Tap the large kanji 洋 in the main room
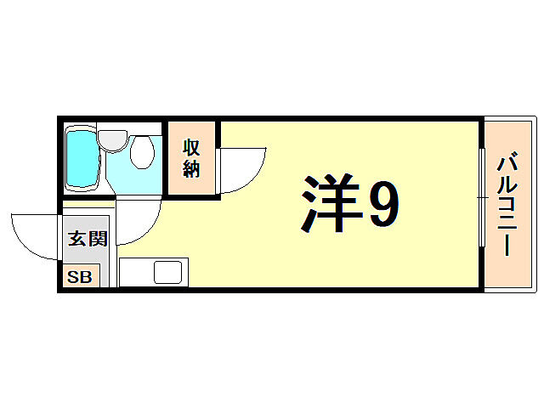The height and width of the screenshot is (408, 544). pyautogui.click(x=330, y=206)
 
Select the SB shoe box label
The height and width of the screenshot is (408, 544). pyautogui.click(x=81, y=277)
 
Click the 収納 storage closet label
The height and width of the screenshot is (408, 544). pyautogui.click(x=190, y=158)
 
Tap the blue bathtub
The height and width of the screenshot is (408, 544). pyautogui.click(x=82, y=159)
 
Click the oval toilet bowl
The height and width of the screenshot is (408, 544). pyautogui.click(x=142, y=153)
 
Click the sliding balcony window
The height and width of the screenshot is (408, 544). pyautogui.click(x=481, y=197)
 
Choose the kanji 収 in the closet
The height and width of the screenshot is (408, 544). pyautogui.click(x=190, y=146)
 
